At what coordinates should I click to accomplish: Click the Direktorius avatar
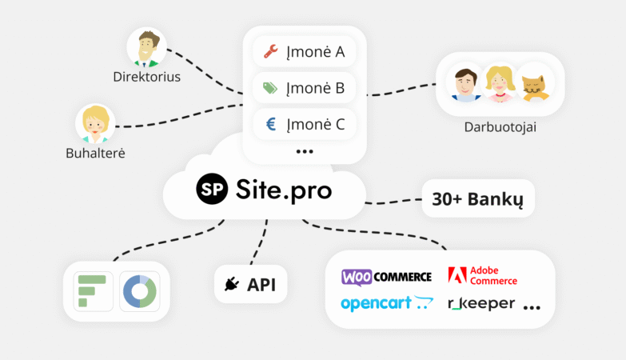click(x=146, y=47)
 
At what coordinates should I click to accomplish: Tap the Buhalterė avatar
click(x=95, y=123)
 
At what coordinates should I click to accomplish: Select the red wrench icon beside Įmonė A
click(x=271, y=51)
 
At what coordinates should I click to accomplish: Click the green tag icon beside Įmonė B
click(x=270, y=88)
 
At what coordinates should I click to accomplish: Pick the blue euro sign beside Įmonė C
click(x=271, y=124)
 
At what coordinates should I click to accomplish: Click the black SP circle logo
click(x=212, y=189)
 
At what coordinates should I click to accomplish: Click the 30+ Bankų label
click(x=477, y=199)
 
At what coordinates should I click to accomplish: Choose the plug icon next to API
click(x=232, y=284)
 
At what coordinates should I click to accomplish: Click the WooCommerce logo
click(x=386, y=277)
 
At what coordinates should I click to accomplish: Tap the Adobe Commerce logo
click(x=482, y=276)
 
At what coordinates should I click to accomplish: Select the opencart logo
click(x=386, y=303)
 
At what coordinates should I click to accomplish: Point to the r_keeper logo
click(x=481, y=304)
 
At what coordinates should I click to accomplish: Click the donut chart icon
click(x=140, y=291)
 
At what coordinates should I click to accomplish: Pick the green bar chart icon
click(x=93, y=291)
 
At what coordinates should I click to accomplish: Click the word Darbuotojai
click(x=500, y=127)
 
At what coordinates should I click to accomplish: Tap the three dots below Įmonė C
click(x=305, y=151)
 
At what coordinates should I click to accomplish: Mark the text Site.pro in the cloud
click(x=284, y=190)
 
